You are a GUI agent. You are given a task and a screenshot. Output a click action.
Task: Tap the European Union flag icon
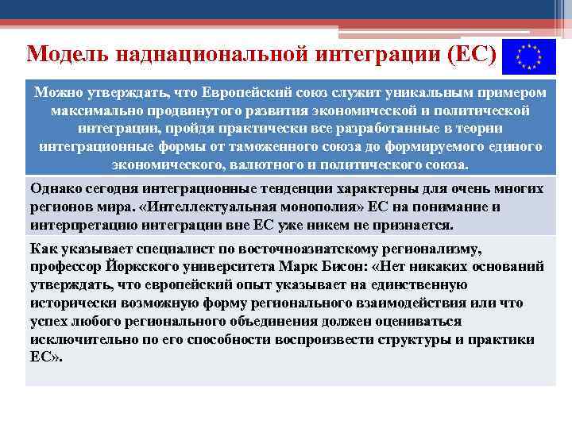point(524,55)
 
